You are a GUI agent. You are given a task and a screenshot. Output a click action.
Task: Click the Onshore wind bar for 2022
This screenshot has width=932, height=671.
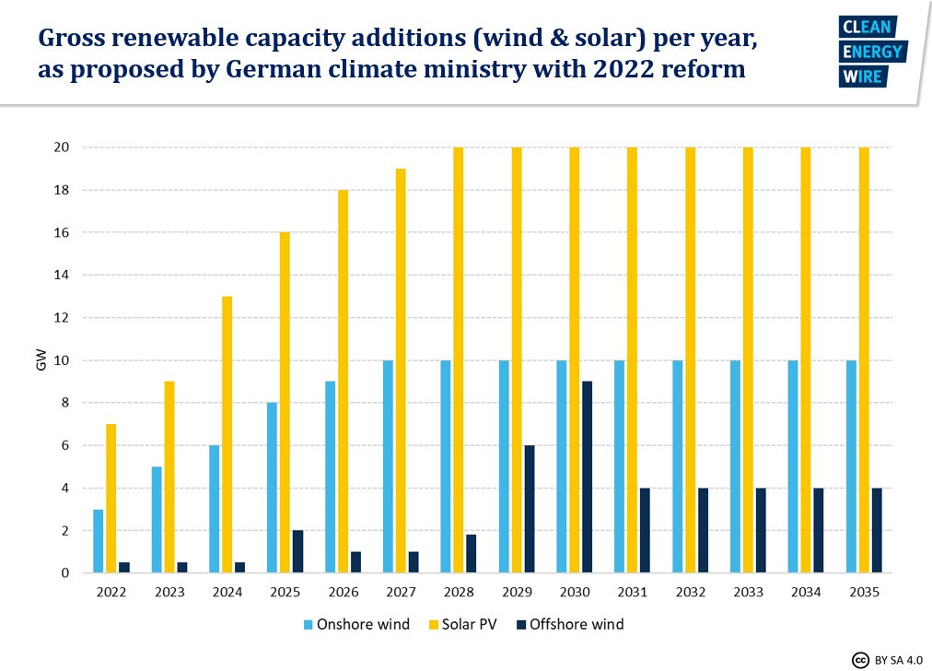point(99,541)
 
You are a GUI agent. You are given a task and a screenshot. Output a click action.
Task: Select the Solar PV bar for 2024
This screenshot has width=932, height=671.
point(227,434)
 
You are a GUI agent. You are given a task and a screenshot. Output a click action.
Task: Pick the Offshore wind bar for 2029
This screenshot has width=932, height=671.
point(530,509)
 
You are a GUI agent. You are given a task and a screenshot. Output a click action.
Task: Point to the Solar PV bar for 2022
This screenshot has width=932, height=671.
point(111,499)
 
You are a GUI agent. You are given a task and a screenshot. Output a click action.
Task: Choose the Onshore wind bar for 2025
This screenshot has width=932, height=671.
point(272,488)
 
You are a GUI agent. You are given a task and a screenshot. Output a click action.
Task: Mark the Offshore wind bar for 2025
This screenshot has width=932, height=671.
point(297,551)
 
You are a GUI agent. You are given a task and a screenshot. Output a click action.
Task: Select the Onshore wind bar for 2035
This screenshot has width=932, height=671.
point(851,466)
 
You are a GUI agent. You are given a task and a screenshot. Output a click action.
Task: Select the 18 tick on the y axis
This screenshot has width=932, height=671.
point(64,190)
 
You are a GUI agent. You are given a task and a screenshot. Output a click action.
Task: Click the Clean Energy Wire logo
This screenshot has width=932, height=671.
point(872,52)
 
